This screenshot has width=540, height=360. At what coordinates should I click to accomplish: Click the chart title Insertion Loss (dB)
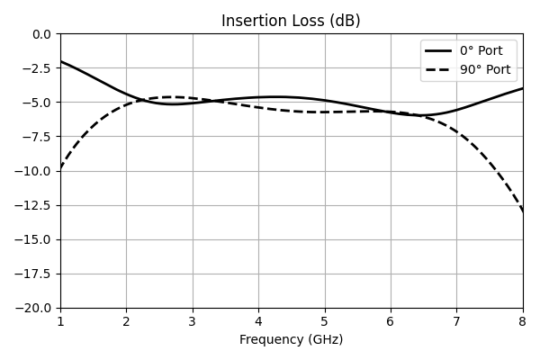click(x=291, y=21)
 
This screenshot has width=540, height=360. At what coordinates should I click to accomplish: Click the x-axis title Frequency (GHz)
click(x=292, y=339)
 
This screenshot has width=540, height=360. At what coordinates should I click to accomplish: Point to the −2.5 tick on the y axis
click(x=37, y=68)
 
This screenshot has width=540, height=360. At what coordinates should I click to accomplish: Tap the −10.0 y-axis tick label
click(x=32, y=171)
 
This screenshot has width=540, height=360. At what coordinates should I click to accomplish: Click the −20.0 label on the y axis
click(x=32, y=309)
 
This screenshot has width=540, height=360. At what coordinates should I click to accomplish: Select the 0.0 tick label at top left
click(x=41, y=34)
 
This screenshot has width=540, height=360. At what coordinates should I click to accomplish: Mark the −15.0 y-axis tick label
click(x=32, y=239)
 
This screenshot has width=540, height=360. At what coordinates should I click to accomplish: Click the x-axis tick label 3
click(x=193, y=322)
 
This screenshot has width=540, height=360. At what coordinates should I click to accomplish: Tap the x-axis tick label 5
click(x=325, y=322)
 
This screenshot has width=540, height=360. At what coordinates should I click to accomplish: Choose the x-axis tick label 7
click(x=457, y=322)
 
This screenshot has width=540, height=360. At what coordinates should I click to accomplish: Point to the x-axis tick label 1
click(x=60, y=322)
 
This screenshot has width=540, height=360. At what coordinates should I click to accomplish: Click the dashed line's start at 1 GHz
click(x=60, y=169)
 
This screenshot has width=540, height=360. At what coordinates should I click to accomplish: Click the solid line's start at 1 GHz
click(x=60, y=61)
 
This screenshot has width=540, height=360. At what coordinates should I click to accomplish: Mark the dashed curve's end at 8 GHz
click(x=523, y=211)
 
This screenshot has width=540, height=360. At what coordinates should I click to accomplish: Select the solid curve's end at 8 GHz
click(x=523, y=88)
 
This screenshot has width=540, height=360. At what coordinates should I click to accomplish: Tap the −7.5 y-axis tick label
click(x=37, y=137)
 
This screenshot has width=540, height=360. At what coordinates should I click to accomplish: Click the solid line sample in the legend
click(x=438, y=51)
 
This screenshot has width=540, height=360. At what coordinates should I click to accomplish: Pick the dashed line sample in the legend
click(x=438, y=70)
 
